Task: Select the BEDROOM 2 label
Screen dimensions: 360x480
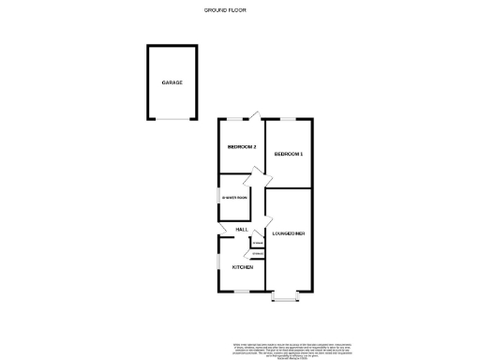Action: coord(242,147)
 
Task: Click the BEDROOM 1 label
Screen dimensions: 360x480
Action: coord(288,153)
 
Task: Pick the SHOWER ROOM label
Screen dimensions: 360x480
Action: coord(234,198)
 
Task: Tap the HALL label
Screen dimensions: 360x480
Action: coord(241,230)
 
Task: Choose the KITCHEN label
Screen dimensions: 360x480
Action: coord(243,267)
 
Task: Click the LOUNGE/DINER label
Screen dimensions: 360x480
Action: coord(288,232)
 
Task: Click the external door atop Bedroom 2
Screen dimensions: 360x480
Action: coord(255,117)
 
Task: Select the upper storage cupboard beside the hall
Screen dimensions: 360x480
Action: coord(256,242)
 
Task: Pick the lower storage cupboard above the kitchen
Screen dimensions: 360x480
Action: coord(257,253)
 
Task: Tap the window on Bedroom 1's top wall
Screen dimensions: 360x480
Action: coord(287,119)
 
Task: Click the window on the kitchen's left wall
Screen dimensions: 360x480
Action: coord(218,262)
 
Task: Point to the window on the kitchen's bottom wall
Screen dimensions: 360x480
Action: coord(242,292)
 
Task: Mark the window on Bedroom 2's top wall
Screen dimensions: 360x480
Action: coord(234,119)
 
